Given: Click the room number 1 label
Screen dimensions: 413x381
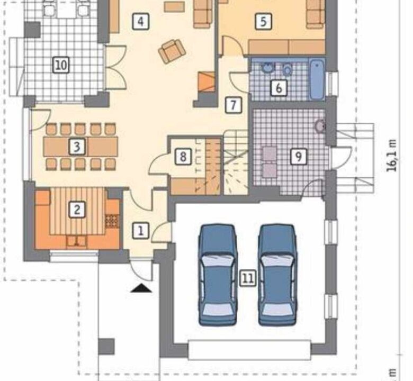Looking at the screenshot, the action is [x=141, y=231].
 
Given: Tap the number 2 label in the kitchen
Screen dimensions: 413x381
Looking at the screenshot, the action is [x=77, y=210].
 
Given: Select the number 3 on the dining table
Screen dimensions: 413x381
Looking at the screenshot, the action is [x=77, y=147].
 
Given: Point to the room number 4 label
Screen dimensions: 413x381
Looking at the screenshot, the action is [x=141, y=21].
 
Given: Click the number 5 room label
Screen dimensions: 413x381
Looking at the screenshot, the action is [x=263, y=21].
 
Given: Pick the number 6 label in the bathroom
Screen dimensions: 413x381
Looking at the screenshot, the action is [x=279, y=88].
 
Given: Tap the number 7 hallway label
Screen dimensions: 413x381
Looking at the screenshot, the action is [x=234, y=105].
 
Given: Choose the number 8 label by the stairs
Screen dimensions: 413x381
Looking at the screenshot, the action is [x=183, y=157].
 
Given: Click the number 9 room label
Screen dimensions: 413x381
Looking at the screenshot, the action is [x=299, y=157].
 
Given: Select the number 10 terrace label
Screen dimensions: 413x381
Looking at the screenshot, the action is [x=61, y=65].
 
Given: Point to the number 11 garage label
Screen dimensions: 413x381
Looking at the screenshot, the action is [x=248, y=278].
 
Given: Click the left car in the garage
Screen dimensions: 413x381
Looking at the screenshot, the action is [x=217, y=275].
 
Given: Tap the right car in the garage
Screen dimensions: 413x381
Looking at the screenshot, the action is [x=277, y=275].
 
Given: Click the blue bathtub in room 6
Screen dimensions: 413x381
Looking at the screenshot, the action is [x=317, y=80].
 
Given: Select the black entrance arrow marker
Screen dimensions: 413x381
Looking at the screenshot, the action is [x=141, y=288].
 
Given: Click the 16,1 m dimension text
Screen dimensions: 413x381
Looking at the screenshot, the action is [x=392, y=156].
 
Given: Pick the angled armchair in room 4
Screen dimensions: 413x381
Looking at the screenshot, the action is [x=172, y=51].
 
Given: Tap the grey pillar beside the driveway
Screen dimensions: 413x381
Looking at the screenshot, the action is [x=106, y=347].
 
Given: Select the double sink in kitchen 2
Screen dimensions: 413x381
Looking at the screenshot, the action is [x=77, y=241].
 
